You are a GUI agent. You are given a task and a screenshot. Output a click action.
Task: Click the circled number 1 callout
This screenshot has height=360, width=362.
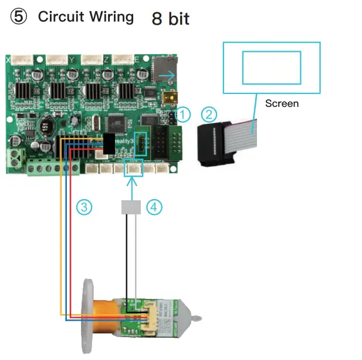pyautogui.click(x=184, y=114)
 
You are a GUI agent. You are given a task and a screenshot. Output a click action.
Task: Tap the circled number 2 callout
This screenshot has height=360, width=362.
pyautogui.click(x=209, y=114)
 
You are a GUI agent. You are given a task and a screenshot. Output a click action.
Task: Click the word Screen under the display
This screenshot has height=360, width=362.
pyautogui.click(x=282, y=103)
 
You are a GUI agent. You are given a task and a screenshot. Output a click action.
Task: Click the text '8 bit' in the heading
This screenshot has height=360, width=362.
pyautogui.click(x=170, y=18)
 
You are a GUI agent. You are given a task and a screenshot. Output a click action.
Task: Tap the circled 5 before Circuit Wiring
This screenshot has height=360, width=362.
pyautogui.click(x=19, y=17)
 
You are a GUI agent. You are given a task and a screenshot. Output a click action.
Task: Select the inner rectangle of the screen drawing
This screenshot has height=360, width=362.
pyautogui.click(x=271, y=67)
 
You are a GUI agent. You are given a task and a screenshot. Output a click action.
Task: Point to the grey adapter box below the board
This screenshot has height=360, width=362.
pyautogui.click(x=132, y=207)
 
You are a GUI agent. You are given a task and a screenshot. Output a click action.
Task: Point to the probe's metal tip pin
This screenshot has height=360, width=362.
pyautogui.click(x=198, y=319)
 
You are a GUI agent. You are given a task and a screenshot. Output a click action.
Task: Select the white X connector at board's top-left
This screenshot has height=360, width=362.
pyautogui.click(x=24, y=59)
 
